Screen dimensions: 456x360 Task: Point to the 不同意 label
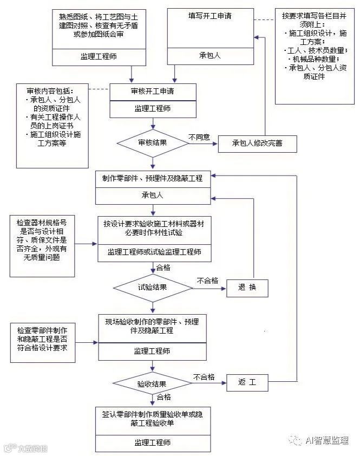tap(199, 137)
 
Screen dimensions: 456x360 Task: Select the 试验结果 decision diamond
tap(152, 287)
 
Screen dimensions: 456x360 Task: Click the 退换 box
tap(247, 288)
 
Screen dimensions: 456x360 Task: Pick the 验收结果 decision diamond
tap(152, 383)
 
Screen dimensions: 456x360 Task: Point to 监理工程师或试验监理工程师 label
tap(152, 252)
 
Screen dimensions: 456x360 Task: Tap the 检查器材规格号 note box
tap(42, 239)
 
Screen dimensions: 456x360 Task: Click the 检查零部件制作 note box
tap(42, 338)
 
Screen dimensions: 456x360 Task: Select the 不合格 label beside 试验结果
tap(207, 281)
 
